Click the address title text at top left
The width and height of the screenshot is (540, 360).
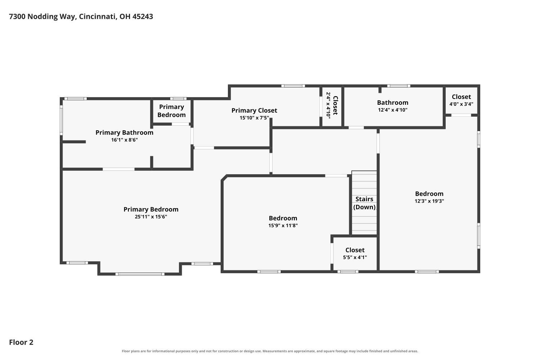click(81, 17)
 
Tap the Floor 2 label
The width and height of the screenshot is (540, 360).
click(21, 342)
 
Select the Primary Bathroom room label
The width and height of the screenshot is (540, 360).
click(125, 132)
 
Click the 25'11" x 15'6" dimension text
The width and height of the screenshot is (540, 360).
click(151, 216)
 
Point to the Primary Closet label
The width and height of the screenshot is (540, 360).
click(254, 111)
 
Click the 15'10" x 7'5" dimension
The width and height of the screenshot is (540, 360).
click(254, 118)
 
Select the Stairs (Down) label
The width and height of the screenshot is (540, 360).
click(364, 203)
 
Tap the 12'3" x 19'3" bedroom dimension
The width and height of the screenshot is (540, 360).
click(429, 201)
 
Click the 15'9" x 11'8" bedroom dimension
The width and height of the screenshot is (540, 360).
click(283, 225)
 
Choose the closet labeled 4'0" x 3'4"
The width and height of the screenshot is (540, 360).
click(461, 100)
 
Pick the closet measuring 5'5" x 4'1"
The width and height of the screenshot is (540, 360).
click(355, 253)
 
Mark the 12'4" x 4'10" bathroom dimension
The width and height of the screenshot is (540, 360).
click(393, 110)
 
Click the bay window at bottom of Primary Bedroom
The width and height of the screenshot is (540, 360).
click(140, 274)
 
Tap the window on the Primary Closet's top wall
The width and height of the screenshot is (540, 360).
click(293, 86)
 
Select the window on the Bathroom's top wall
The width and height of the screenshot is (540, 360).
click(399, 86)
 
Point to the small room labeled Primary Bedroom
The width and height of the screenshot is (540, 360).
click(171, 111)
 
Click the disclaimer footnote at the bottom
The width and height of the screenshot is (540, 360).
click(270, 351)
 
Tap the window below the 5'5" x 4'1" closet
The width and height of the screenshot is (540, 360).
click(348, 272)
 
